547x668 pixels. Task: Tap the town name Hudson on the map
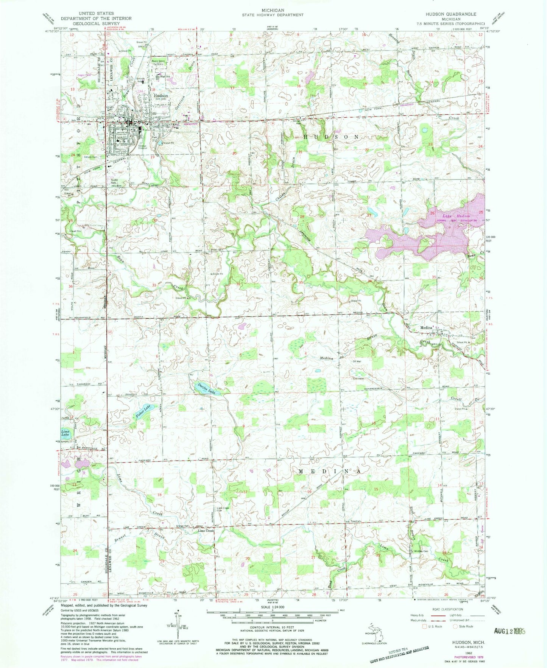pos(161,96)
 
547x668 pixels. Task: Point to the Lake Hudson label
pos(448,215)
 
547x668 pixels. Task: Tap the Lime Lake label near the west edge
pos(66,433)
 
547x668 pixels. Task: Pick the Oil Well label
pos(357,361)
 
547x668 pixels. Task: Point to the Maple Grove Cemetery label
pos(159,62)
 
